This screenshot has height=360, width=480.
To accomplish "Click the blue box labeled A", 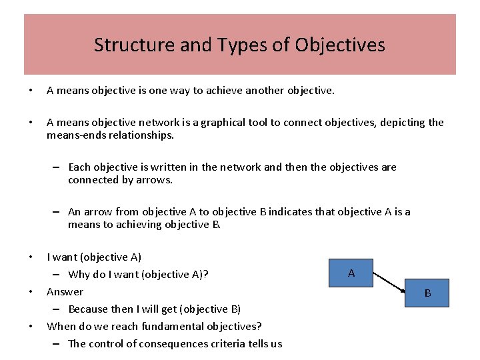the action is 351,273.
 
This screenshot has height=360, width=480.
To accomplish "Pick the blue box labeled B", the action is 427,293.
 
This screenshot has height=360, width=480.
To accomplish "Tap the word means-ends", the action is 77,135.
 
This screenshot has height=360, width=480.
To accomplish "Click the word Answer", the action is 65,291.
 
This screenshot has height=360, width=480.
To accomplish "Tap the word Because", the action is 90,309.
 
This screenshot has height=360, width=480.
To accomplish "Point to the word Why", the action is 79,274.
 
